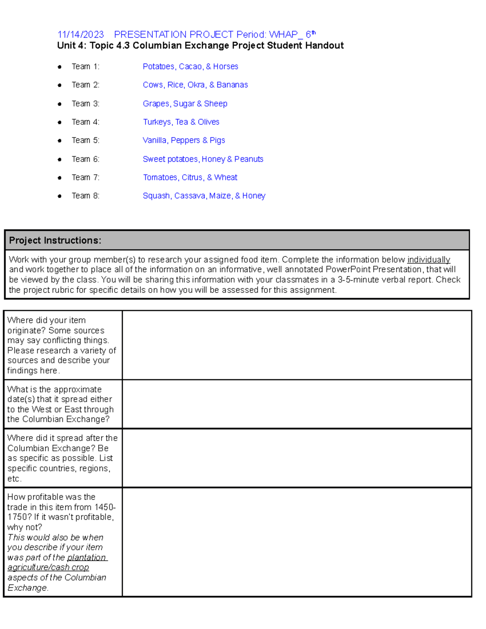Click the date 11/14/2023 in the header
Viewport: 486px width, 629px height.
[80, 35]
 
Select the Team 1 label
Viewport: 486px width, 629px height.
[85, 66]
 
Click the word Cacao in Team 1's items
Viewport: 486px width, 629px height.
[190, 66]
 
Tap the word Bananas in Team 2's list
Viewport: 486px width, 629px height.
[232, 85]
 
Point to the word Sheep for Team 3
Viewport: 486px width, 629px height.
[215, 104]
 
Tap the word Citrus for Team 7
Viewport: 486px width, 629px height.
[192, 177]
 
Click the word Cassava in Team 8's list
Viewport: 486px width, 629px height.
[190, 196]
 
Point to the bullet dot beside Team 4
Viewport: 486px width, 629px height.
[60, 122]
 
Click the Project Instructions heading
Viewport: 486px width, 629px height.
[55, 241]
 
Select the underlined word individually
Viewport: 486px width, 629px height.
[428, 260]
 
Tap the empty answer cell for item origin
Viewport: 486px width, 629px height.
[297, 345]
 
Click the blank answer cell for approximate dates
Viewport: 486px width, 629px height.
[297, 404]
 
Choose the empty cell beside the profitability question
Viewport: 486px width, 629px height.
[297, 542]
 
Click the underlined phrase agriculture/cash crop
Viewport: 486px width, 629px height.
[48, 567]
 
